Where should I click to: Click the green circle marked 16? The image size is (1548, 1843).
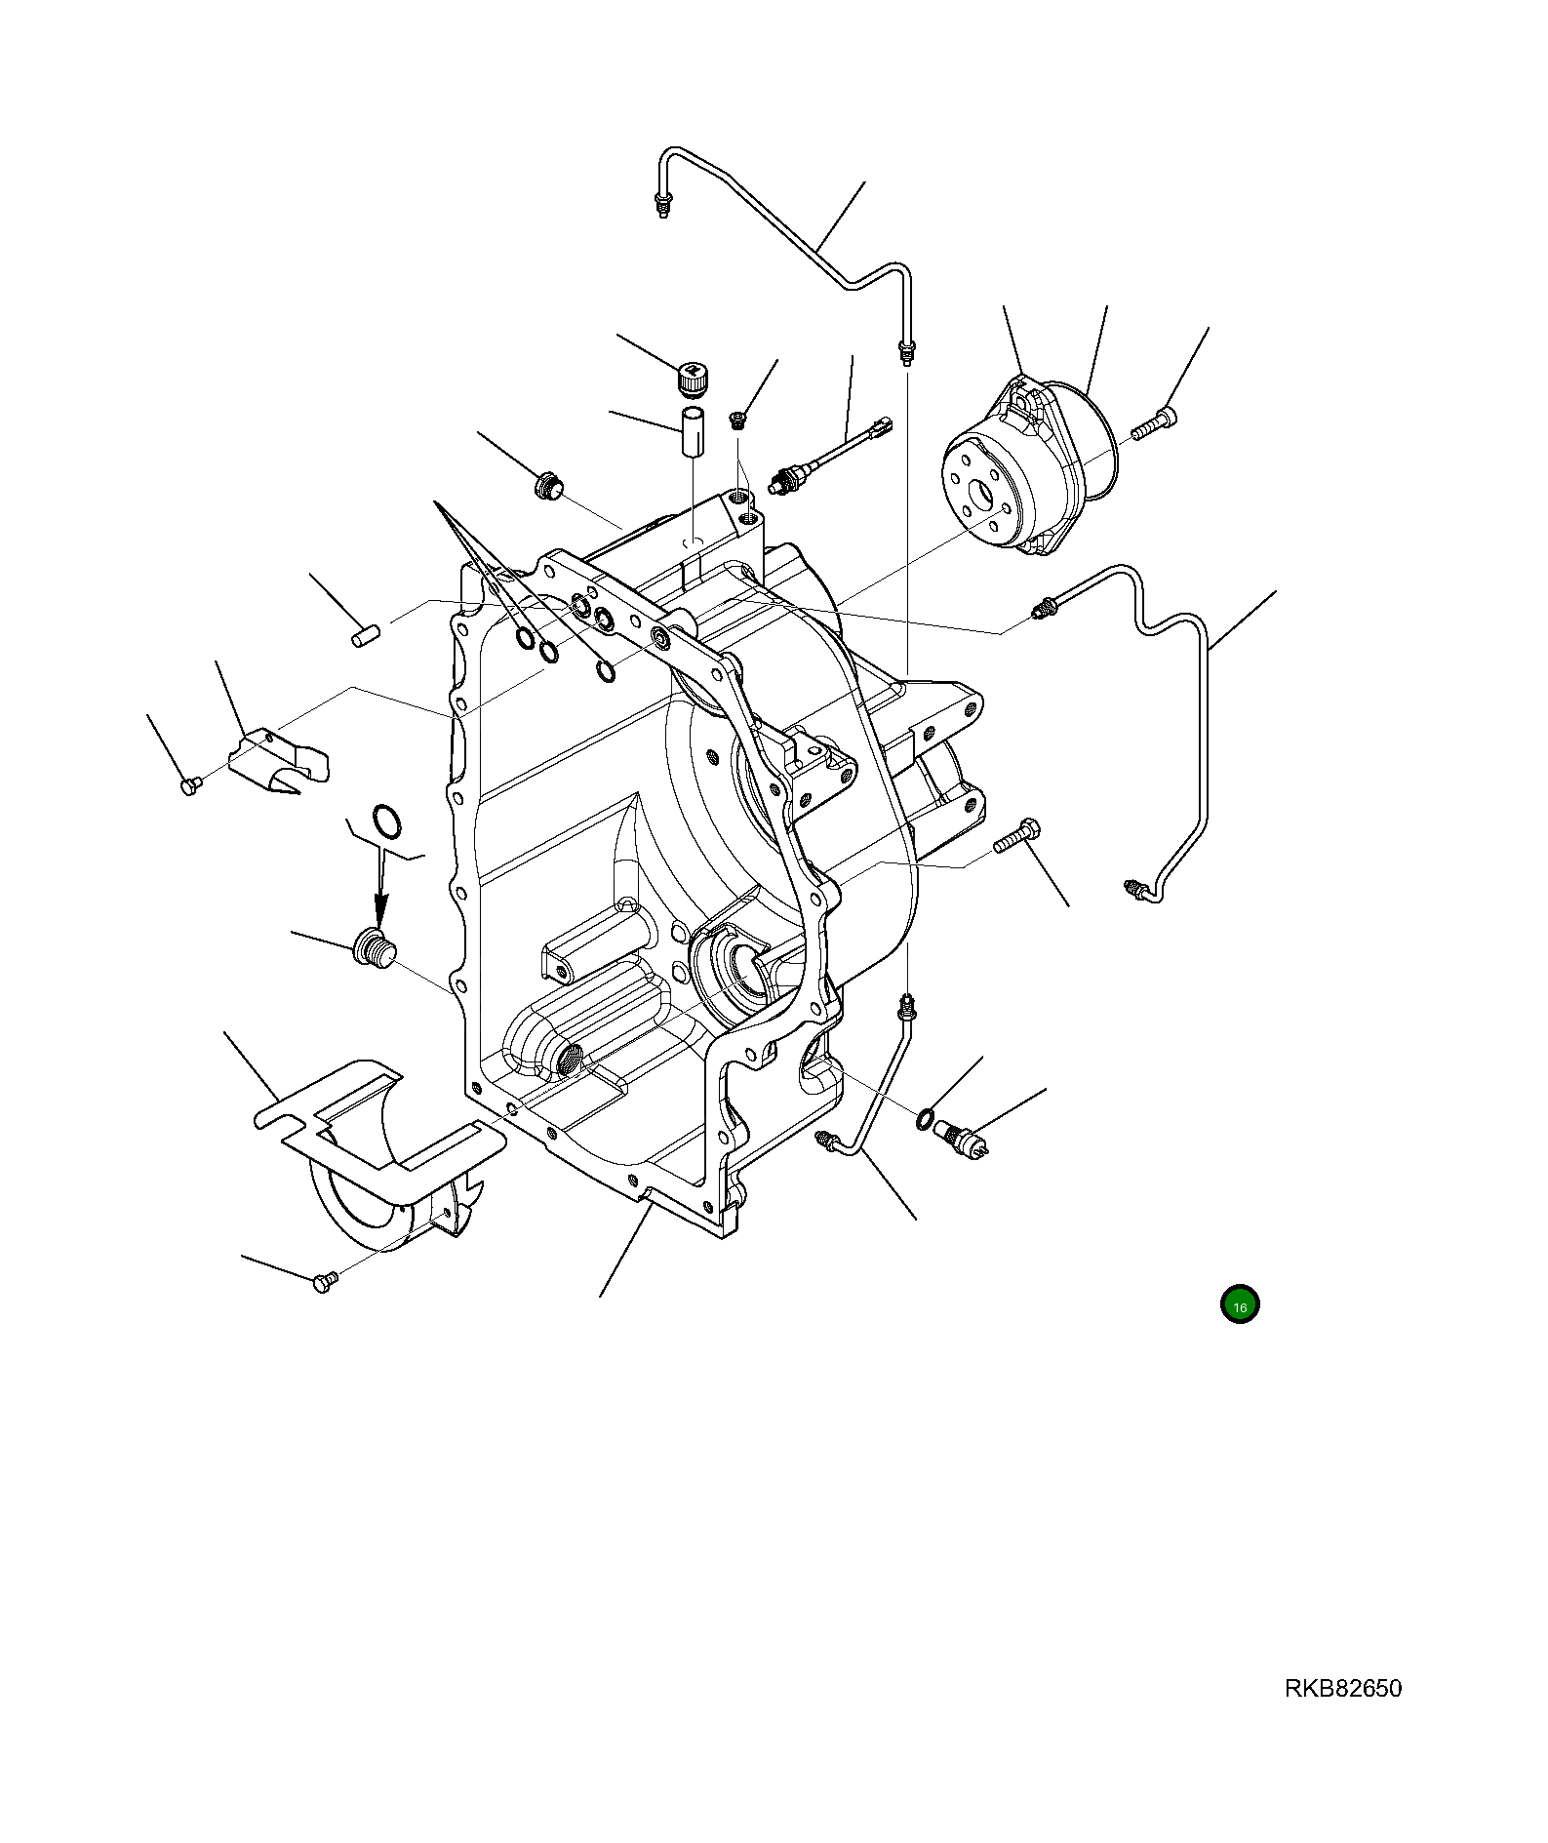click(x=1239, y=1305)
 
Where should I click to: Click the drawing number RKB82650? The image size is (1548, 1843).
click(x=1342, y=1689)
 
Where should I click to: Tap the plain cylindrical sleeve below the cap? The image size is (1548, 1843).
click(x=692, y=433)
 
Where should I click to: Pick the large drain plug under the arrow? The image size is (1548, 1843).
click(x=373, y=947)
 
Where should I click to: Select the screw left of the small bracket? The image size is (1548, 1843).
click(x=190, y=783)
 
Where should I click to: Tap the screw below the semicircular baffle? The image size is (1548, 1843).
click(x=325, y=1282)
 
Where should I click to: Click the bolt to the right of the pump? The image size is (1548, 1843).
click(x=1155, y=425)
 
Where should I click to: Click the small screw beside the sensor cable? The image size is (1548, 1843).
click(x=738, y=420)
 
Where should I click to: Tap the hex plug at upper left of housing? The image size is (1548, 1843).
click(x=548, y=485)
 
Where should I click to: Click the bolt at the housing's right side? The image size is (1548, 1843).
click(x=1018, y=835)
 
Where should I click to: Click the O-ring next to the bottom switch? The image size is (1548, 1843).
click(x=924, y=1118)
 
